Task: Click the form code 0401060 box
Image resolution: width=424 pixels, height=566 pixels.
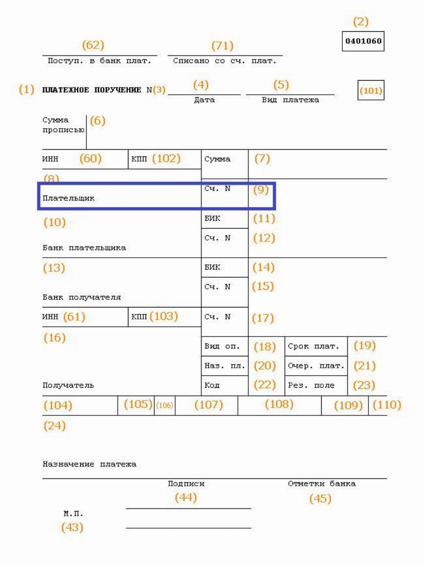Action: tap(363, 41)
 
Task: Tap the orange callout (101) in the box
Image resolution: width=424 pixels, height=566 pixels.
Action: tap(371, 91)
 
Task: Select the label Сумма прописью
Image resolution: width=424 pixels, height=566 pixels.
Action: tap(63, 125)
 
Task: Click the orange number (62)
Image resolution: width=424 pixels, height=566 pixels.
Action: tap(93, 45)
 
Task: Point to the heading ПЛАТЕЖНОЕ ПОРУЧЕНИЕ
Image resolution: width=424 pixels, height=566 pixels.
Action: tap(91, 90)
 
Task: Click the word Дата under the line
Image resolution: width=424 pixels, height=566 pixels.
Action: tap(204, 100)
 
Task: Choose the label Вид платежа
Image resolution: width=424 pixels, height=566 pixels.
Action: tap(290, 100)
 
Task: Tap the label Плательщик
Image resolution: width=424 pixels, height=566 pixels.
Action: tap(68, 198)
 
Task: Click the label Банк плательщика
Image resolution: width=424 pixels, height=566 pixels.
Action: tap(84, 248)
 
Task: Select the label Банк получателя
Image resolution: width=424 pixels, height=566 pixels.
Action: tap(82, 297)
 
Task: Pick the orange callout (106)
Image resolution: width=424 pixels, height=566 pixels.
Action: tap(165, 405)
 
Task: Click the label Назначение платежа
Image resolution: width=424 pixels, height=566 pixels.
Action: tap(89, 464)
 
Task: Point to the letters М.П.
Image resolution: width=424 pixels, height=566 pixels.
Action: tap(73, 514)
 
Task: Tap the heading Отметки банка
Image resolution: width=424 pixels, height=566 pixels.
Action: tap(322, 484)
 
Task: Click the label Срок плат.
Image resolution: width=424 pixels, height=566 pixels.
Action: tap(314, 346)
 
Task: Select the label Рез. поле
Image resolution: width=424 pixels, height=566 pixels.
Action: tap(311, 385)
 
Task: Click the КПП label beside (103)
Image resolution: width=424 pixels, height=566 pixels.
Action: tap(139, 317)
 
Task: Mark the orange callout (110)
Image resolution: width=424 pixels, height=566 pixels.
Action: tap(387, 404)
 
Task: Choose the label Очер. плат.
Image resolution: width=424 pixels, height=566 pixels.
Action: tap(316, 366)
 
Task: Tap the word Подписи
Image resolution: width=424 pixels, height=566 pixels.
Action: tap(186, 484)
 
